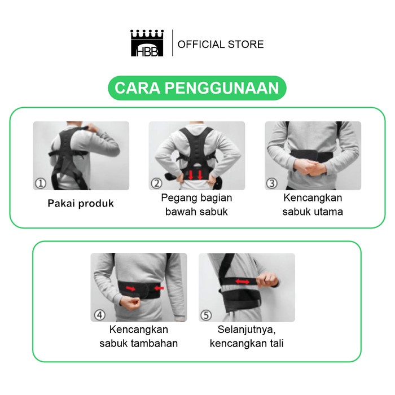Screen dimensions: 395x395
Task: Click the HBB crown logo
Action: coord(147,43)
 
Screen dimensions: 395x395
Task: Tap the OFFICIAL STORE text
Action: coord(221,44)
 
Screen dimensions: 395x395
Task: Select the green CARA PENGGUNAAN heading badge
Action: coord(197,89)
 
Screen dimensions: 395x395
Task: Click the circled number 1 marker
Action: coord(40,183)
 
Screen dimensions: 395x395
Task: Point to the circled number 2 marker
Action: coord(156,183)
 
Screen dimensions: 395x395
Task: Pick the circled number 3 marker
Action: coord(272,183)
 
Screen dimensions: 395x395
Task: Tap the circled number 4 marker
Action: coord(98,314)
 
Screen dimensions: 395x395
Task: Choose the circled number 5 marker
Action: coord(206,314)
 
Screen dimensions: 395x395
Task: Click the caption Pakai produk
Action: coord(80,203)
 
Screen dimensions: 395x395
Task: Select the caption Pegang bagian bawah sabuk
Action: coord(196,205)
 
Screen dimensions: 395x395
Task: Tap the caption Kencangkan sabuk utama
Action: coord(313,205)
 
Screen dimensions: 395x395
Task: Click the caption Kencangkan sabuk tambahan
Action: coord(138,336)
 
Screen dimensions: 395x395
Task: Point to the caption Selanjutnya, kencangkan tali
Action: coord(247,336)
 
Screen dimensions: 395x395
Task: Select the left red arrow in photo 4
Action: coord(130,289)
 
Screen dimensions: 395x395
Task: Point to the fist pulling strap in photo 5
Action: coord(269,280)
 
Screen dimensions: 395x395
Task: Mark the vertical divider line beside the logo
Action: coord(172,43)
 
